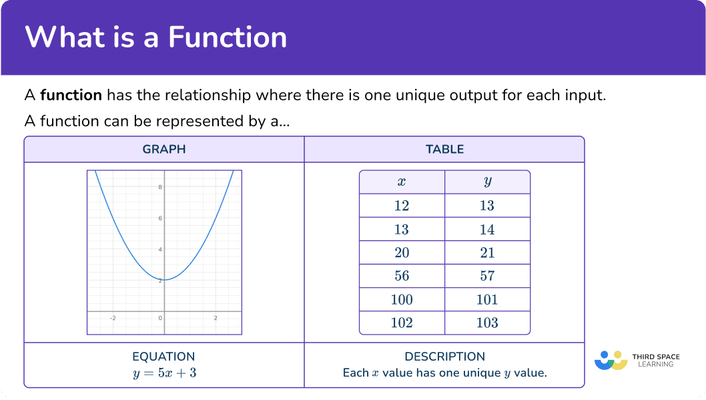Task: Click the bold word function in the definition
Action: pos(71,95)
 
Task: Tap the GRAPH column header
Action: pos(164,149)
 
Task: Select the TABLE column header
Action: pos(445,149)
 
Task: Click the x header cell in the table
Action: pos(402,182)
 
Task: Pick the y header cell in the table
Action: pos(487,182)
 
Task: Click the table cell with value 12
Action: pos(402,206)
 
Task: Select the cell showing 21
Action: pos(487,252)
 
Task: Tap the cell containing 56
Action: pos(402,276)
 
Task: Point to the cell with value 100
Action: pos(402,300)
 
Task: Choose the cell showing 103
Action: pos(487,323)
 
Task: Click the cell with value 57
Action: pos(487,276)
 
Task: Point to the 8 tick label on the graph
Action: pos(160,187)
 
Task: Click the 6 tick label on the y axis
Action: pos(160,218)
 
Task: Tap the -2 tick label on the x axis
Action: pos(113,318)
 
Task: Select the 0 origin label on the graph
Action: pos(160,318)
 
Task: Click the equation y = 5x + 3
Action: pos(164,373)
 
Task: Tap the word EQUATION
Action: pos(163,357)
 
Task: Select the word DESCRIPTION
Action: pos(445,357)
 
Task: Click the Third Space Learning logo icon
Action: pos(611,361)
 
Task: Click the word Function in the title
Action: pos(228,37)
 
